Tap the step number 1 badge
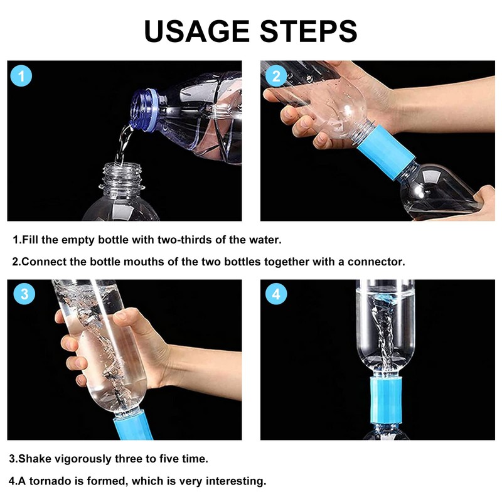tap(22, 77)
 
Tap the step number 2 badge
tap(276, 77)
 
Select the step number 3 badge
tap(24, 294)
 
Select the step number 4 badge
tap(277, 294)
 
